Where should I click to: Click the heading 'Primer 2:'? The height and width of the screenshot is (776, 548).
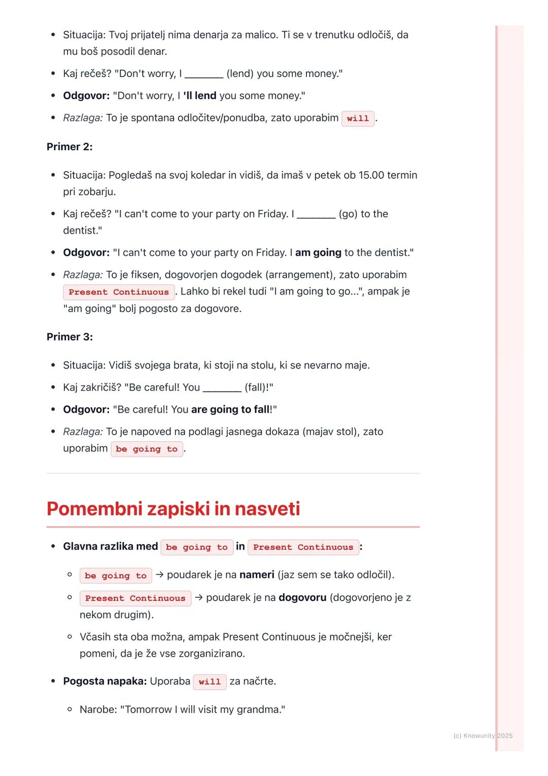point(70,147)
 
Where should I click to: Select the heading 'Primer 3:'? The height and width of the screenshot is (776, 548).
point(70,337)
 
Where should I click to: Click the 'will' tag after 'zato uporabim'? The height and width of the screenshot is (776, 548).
point(358,118)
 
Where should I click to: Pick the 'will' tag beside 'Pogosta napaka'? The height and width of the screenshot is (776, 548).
point(210,682)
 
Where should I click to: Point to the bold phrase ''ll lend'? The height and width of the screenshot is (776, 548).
point(200,95)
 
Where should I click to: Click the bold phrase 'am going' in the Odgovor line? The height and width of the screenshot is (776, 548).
point(318,252)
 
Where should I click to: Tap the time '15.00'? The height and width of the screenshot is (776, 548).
point(371,175)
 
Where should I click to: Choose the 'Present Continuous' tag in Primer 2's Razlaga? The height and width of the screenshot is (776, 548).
point(119,292)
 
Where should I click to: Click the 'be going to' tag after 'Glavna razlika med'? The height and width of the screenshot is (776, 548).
point(197,547)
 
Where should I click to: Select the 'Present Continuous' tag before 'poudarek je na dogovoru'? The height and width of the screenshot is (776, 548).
point(135,598)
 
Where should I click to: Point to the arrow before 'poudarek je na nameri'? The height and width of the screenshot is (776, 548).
point(160,575)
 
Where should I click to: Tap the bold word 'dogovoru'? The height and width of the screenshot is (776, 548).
point(302,598)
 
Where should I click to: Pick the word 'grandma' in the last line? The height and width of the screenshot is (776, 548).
point(259,709)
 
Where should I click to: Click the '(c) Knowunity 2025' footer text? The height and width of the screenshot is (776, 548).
point(483,735)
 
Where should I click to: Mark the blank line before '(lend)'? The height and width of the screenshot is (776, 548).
point(204,75)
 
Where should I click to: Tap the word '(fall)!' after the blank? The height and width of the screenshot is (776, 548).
point(259,387)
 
